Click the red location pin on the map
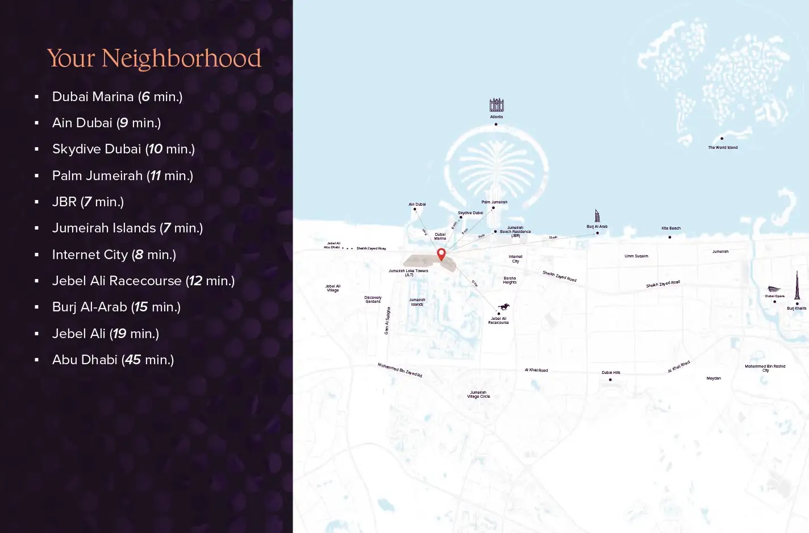pyautogui.click(x=441, y=253)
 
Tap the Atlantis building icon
pyautogui.click(x=497, y=105)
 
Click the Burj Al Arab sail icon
pyautogui.click(x=597, y=215)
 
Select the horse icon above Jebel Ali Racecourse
pyautogui.click(x=503, y=307)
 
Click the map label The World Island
pyautogui.click(x=723, y=148)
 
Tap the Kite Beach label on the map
pyautogui.click(x=671, y=228)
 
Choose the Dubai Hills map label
pyautogui.click(x=611, y=373)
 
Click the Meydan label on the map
pyautogui.click(x=714, y=378)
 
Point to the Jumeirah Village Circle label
pyautogui.click(x=478, y=394)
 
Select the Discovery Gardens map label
pyautogui.click(x=373, y=299)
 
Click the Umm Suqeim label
pyautogui.click(x=636, y=256)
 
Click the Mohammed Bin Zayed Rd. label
pyautogui.click(x=400, y=370)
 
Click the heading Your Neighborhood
pyautogui.click(x=154, y=58)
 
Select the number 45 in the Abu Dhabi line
pyautogui.click(x=133, y=360)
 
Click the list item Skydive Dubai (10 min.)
pyautogui.click(x=123, y=149)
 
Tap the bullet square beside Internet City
pyautogui.click(x=37, y=255)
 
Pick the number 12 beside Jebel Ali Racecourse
pyautogui.click(x=195, y=281)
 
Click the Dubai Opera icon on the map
pyautogui.click(x=774, y=289)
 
